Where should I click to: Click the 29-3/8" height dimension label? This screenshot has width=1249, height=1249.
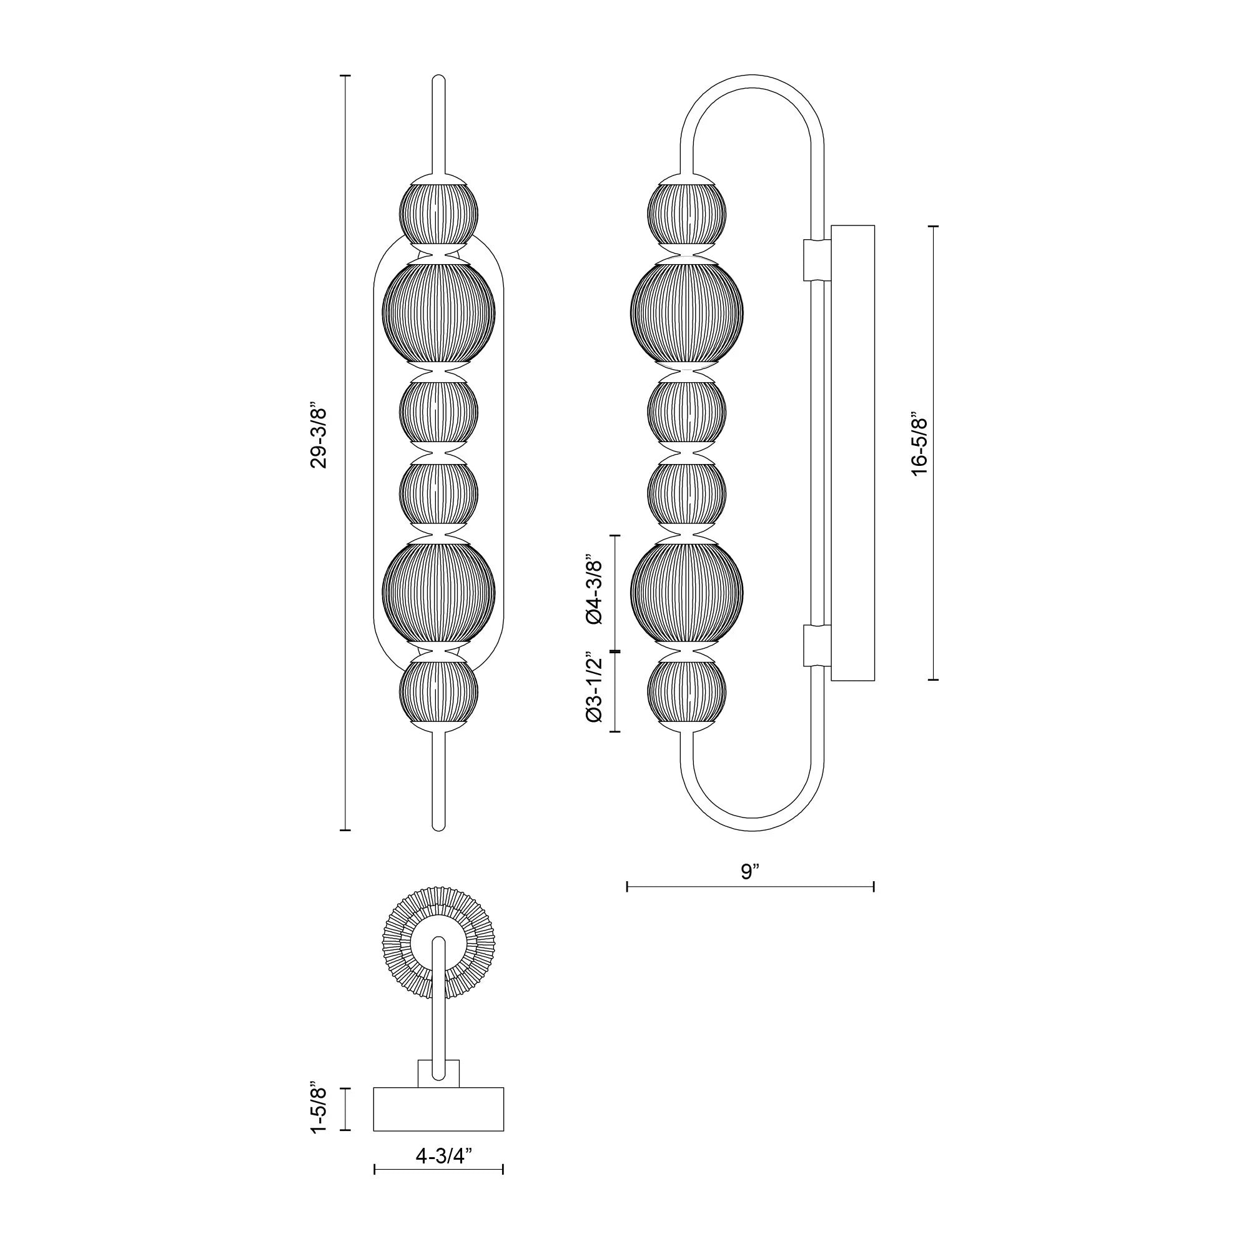click(x=320, y=437)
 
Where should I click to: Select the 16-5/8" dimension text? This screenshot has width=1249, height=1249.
click(x=919, y=446)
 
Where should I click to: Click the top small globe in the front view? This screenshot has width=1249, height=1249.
click(x=438, y=214)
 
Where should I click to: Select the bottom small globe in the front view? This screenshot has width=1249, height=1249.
click(x=438, y=692)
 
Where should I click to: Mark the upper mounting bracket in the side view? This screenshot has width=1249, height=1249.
click(x=816, y=260)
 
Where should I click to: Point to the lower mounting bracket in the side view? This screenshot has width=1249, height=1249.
click(x=816, y=645)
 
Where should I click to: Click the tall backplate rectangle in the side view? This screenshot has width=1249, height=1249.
click(x=852, y=453)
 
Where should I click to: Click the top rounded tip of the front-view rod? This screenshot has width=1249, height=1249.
click(x=438, y=80)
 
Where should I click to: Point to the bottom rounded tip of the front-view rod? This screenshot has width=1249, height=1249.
click(x=438, y=826)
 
